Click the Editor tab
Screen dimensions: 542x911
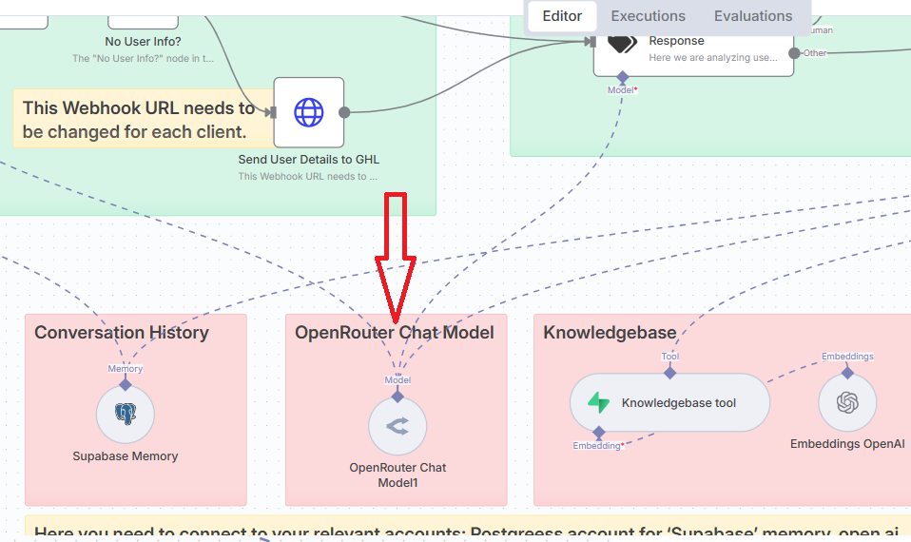click(562, 16)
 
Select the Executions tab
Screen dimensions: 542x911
click(648, 16)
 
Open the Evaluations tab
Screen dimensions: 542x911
click(753, 16)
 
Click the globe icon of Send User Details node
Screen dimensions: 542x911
click(308, 112)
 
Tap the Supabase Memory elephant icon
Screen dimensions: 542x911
click(126, 414)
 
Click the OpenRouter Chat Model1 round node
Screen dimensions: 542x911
click(397, 427)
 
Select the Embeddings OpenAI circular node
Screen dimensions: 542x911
click(847, 403)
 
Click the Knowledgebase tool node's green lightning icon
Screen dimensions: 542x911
click(598, 403)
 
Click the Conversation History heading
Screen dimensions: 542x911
click(122, 333)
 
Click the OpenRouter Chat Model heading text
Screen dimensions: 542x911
click(395, 333)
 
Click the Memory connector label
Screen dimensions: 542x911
click(126, 369)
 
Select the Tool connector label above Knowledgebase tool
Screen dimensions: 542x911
click(670, 357)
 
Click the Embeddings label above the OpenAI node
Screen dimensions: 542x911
click(847, 357)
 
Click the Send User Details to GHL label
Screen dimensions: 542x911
click(309, 160)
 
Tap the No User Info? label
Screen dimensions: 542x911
click(143, 42)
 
